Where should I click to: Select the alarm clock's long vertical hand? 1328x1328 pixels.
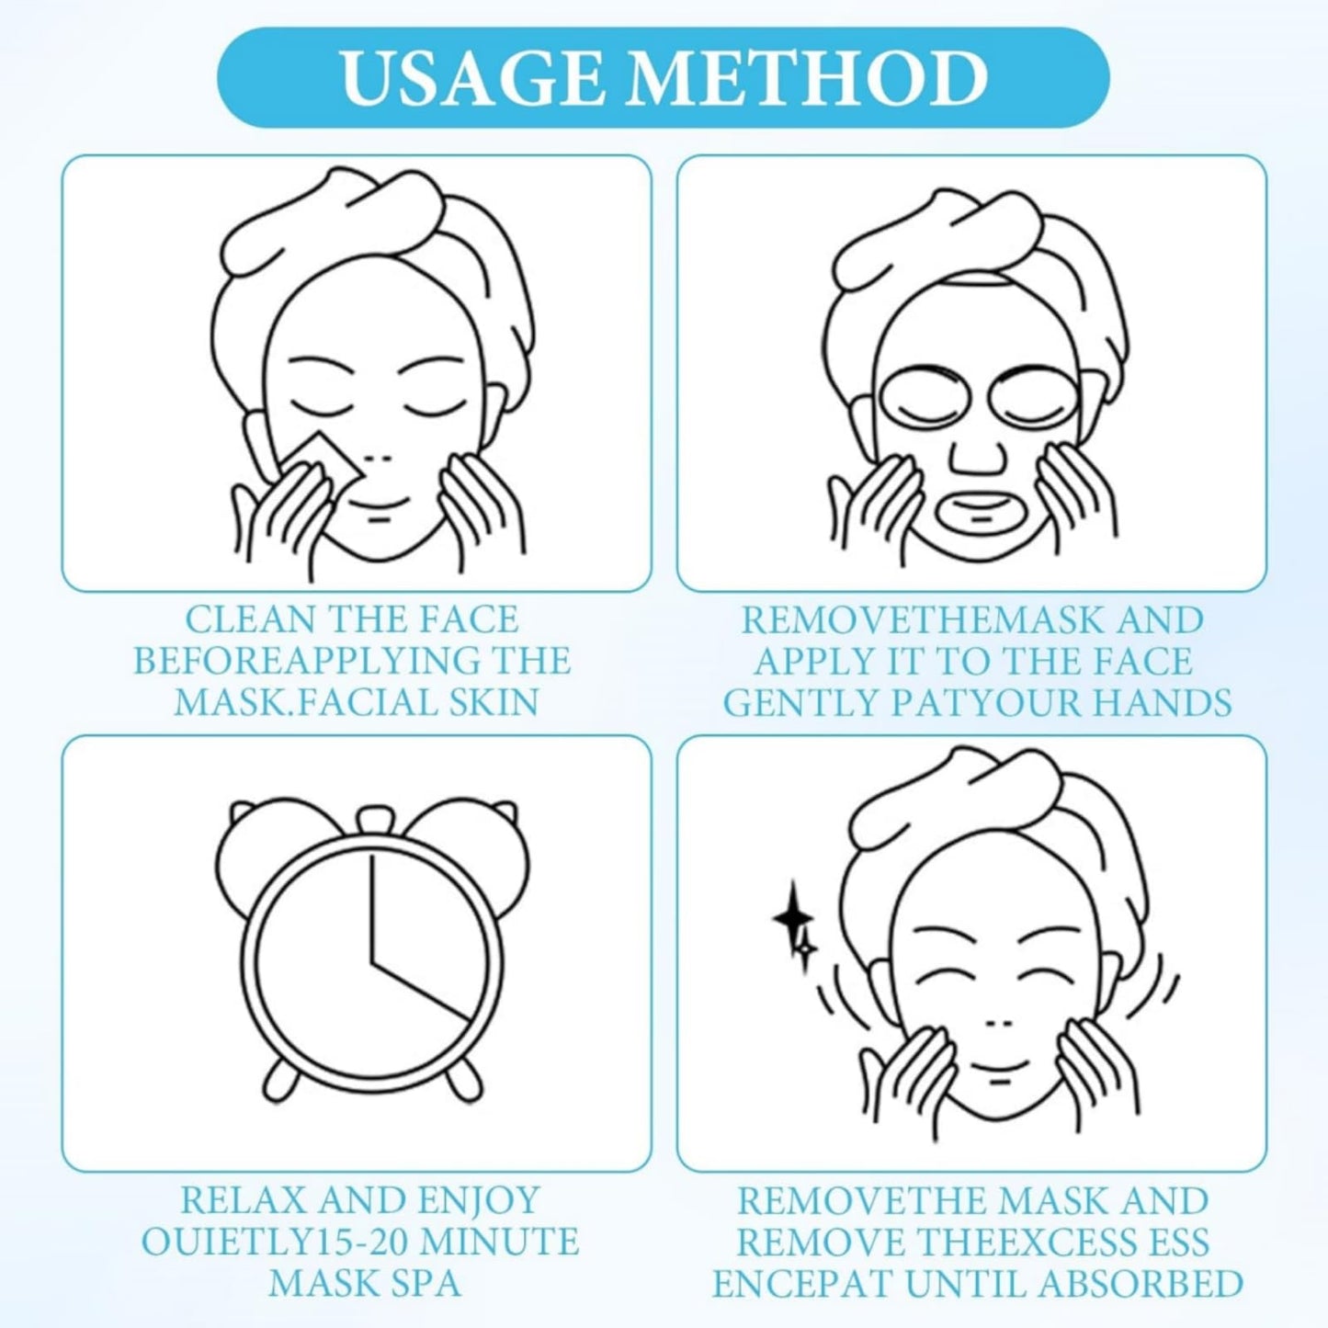[x=372, y=910]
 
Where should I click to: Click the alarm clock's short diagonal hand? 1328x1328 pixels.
[x=421, y=993]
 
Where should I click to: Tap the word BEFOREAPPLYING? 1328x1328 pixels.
[x=310, y=661]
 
